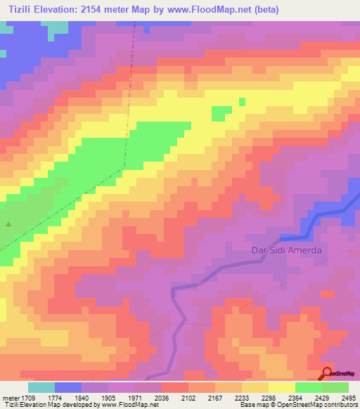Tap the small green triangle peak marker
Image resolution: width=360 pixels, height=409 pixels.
tap(8, 224)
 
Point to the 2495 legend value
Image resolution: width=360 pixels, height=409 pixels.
tap(349, 397)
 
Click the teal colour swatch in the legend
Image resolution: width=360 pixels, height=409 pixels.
tap(41, 387)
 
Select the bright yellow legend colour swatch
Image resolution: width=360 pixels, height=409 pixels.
tap(281, 387)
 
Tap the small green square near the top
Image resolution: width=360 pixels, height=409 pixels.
tap(242, 102)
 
